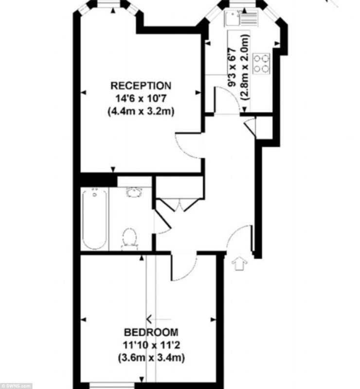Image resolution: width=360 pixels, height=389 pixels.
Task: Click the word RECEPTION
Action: [x=141, y=86]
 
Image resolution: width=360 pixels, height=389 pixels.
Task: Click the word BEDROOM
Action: [x=151, y=332]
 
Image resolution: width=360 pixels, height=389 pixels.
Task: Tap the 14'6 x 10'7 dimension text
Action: [x=141, y=99]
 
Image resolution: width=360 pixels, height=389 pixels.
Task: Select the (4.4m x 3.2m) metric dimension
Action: [x=141, y=111]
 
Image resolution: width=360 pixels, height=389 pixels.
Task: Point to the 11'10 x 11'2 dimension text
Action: [x=151, y=345]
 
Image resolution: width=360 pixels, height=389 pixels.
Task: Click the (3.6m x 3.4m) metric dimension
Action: [x=151, y=358]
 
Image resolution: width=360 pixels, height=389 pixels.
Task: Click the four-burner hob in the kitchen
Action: [x=261, y=63]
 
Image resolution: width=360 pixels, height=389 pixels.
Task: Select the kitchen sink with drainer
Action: [x=241, y=18]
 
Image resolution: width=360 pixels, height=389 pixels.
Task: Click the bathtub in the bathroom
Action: [x=94, y=218]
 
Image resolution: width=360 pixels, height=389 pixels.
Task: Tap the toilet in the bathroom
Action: [x=129, y=238]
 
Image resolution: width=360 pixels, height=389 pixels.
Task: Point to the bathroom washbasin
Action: [x=134, y=192]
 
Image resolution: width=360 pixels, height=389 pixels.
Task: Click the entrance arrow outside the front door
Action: [x=239, y=263]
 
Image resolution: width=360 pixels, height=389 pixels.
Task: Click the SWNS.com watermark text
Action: [x=16, y=386]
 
